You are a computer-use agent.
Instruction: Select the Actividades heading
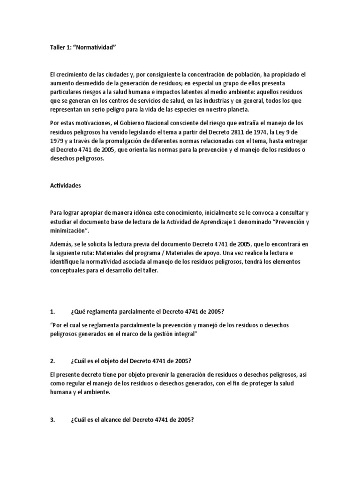66,185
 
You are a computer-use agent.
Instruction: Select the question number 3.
52,407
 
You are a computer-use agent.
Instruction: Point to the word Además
61,244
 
